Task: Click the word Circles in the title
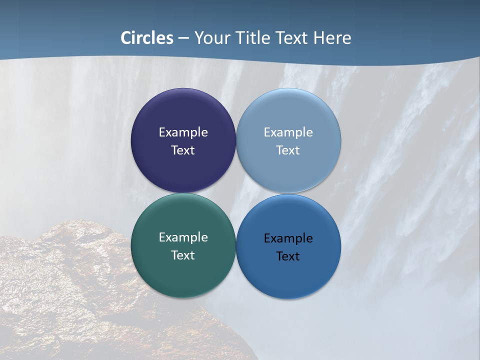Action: tap(147, 38)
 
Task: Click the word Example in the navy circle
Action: tap(183, 132)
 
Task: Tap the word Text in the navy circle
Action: tap(183, 150)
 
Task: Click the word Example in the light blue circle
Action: tap(288, 132)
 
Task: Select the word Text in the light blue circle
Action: tap(288, 150)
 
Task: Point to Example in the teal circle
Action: tap(183, 237)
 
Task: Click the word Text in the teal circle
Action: tap(183, 255)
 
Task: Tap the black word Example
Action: tap(288, 238)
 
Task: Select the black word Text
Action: tap(288, 256)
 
